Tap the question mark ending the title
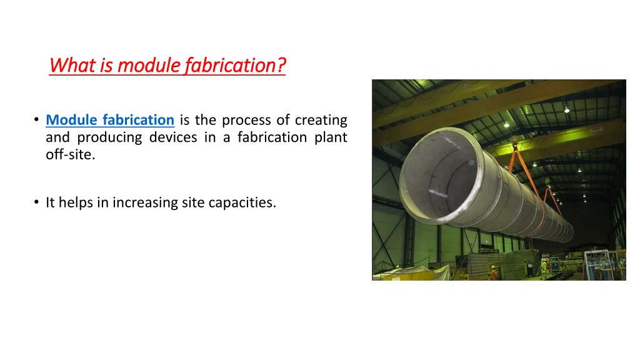[x=281, y=65]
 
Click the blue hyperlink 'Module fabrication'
[x=110, y=120]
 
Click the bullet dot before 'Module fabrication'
[x=37, y=119]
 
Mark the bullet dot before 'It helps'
[x=37, y=202]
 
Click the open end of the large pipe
[x=440, y=176]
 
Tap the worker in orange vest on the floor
[x=494, y=272]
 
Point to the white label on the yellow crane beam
[x=596, y=129]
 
